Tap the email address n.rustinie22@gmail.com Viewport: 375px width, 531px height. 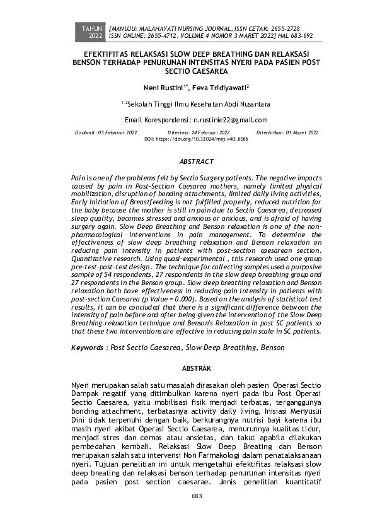[231, 120]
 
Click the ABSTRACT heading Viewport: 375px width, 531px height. [196, 162]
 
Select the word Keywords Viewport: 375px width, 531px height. [86, 347]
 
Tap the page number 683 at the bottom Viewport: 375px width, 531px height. [196, 496]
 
